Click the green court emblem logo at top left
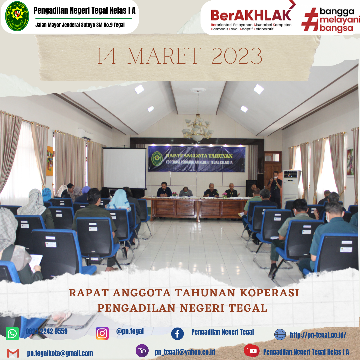click(17, 17)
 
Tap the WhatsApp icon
click(12, 334)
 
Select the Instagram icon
click(102, 333)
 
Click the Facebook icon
click(177, 334)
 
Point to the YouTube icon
click(252, 351)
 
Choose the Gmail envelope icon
click(13, 353)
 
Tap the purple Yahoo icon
click(142, 351)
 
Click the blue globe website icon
click(280, 335)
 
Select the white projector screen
click(124, 168)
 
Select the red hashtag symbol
click(310, 20)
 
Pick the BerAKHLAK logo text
click(251, 15)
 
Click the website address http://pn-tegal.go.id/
click(318, 335)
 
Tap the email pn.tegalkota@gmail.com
click(60, 353)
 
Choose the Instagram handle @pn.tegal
click(130, 331)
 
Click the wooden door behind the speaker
click(273, 169)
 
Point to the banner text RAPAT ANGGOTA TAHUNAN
click(199, 156)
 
